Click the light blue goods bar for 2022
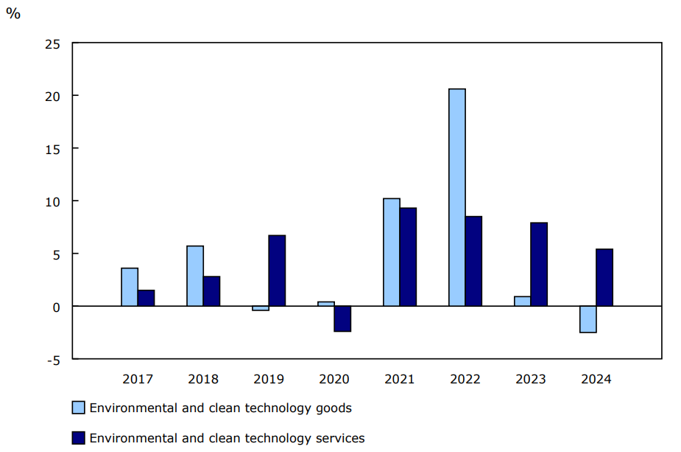pos(457,197)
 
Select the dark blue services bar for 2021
pos(408,257)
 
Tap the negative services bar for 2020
pos(342,319)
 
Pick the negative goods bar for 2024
pos(588,319)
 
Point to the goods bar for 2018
pos(195,276)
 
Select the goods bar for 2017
pos(130,287)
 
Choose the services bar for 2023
pos(539,264)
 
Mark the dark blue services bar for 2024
pos(604,277)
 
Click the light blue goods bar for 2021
pos(392,252)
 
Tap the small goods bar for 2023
pos(522,301)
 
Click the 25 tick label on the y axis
pos(52,44)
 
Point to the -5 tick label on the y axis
pos(52,359)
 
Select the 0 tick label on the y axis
pos(56,307)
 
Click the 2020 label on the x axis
pos(334,380)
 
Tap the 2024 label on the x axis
pos(596,380)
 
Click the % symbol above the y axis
pos(13,14)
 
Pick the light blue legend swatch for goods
pos(78,408)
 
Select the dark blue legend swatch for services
pos(78,438)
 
